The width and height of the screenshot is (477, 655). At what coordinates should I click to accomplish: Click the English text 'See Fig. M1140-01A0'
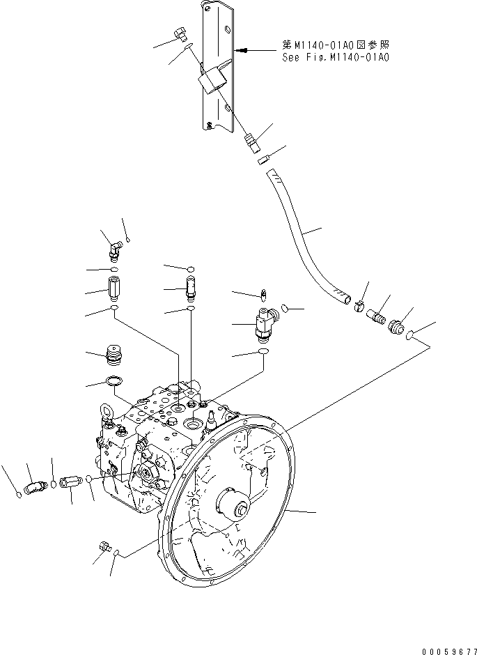(335, 58)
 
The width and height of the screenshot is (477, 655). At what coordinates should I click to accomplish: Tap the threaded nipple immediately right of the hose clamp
(378, 316)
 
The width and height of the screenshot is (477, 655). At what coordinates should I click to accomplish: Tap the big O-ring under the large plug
(114, 382)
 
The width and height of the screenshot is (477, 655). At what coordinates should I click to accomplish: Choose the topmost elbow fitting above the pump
(113, 247)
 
